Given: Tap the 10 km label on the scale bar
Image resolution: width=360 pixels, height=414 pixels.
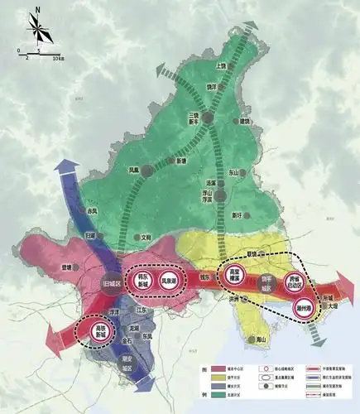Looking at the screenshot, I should tap(58, 59).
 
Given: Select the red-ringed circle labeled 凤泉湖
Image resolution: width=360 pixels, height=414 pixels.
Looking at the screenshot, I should tap(170, 282).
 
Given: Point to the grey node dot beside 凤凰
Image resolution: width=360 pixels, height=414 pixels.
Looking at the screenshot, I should tap(146, 171).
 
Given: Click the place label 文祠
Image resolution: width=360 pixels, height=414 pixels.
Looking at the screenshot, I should tap(146, 237).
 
